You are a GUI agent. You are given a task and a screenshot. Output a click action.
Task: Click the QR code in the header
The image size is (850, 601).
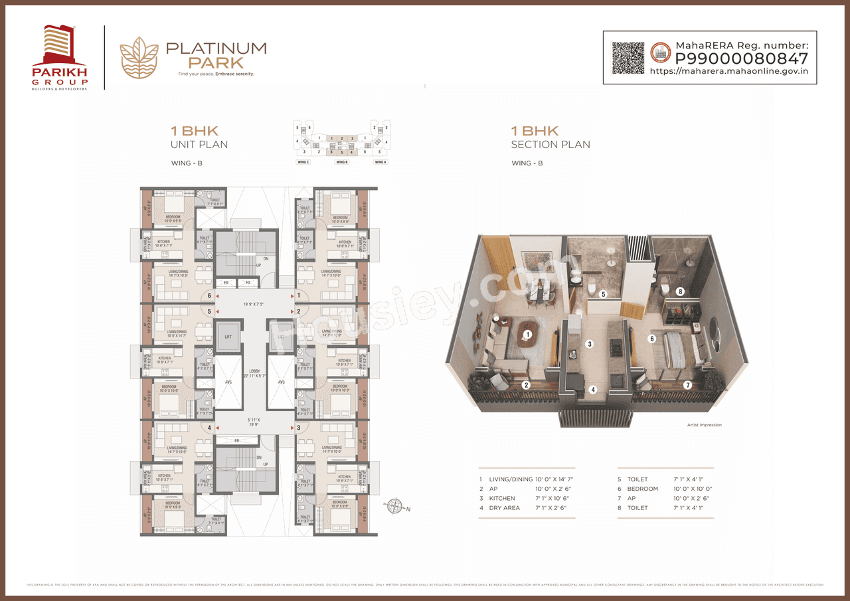click(x=628, y=58)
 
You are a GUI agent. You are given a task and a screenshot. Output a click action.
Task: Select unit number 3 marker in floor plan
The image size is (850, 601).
click(x=299, y=428)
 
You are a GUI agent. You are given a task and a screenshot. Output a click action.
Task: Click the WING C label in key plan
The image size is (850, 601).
click(x=303, y=162)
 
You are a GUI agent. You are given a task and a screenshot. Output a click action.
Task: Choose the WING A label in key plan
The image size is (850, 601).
click(x=380, y=162)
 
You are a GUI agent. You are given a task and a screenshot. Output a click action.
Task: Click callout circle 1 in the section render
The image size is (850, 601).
click(x=528, y=335)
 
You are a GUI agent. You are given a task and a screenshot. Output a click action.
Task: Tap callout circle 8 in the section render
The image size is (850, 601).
click(x=680, y=291)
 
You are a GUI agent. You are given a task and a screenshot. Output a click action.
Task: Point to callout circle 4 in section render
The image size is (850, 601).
click(x=593, y=390)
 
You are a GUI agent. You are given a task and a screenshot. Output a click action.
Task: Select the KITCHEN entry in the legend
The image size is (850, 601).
click(x=502, y=498)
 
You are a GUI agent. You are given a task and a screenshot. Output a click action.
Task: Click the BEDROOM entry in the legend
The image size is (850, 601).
click(x=642, y=489)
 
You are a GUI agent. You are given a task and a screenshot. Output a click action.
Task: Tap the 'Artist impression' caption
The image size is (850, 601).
click(x=704, y=425)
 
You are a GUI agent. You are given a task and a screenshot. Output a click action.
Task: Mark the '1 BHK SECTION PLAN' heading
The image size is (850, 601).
click(x=550, y=137)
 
